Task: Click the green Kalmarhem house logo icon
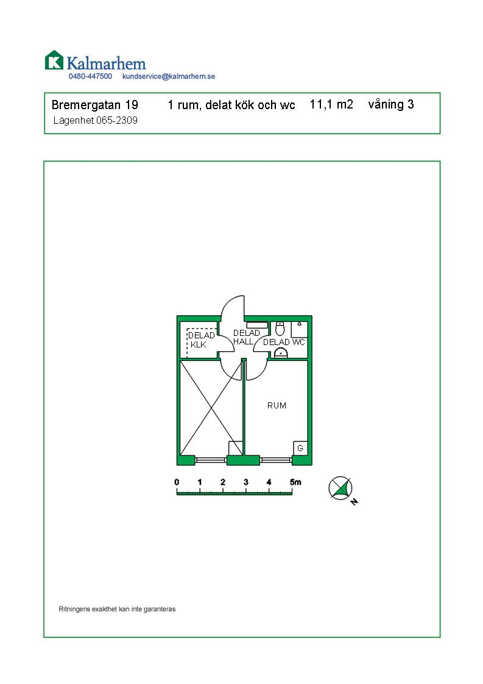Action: pos(54,60)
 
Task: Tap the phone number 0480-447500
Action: pos(90,76)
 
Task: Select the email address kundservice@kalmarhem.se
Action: pos(169,76)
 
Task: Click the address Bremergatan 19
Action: pos(94,105)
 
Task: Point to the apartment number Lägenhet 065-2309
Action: pos(96,120)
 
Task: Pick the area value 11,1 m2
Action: pos(331,105)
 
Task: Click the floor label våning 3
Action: pos(391,105)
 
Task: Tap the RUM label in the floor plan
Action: pos(277,405)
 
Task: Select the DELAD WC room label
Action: pos(284,343)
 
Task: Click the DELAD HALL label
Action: pos(246,337)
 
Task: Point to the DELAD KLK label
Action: pos(201,340)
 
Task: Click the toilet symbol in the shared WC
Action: pos(280,329)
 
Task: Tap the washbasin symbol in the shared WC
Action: pos(280,354)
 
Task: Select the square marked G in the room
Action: pos(300,448)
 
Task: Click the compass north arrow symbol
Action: pos(340,488)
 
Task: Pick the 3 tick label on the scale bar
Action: pos(246,482)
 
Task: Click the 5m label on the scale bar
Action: pos(295,482)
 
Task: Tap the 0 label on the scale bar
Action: pos(177,482)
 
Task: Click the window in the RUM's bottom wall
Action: pos(276,460)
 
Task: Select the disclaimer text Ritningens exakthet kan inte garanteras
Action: pos(118,609)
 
